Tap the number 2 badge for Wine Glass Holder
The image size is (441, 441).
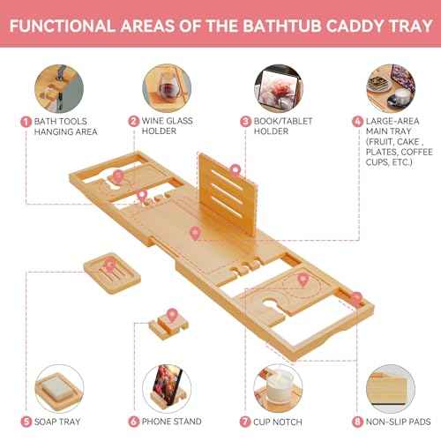pos(133,121)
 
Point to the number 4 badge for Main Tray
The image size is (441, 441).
pos(356,121)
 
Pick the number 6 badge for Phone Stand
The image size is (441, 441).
pos(133,421)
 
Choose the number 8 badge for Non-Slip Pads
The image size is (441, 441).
pos(356,421)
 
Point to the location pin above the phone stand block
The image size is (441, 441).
pos(165,312)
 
